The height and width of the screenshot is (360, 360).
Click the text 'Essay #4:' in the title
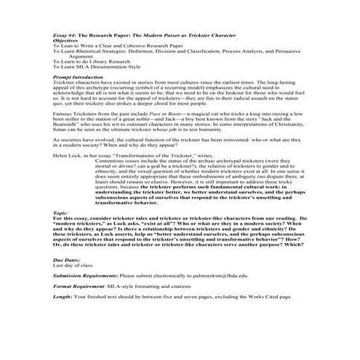(x=66, y=35)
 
